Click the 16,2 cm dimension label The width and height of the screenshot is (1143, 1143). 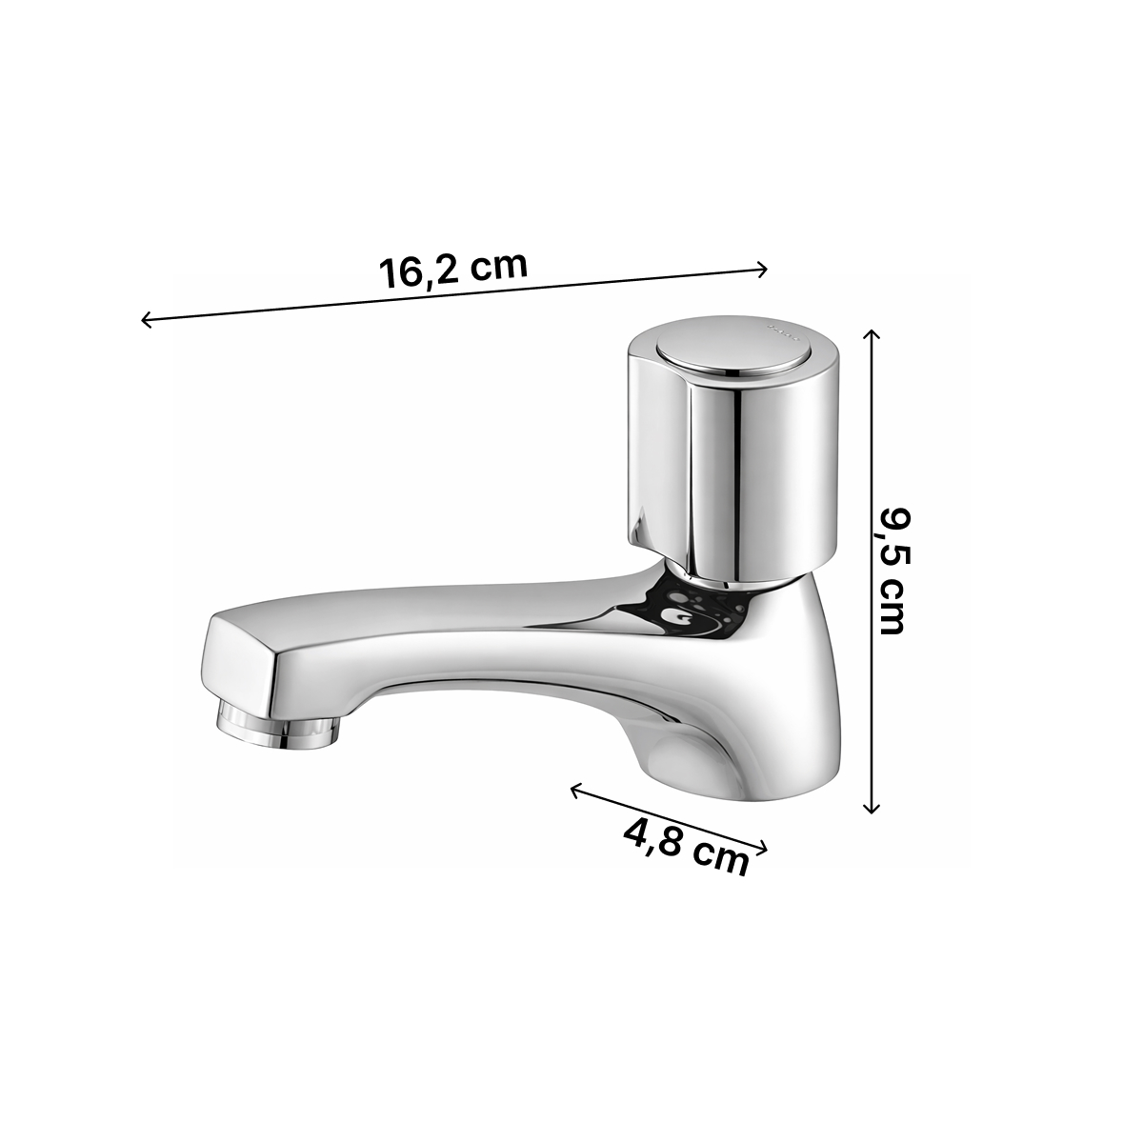tap(452, 270)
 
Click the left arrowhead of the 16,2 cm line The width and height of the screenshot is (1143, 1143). tap(147, 320)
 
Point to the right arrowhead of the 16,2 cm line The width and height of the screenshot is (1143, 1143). tap(762, 270)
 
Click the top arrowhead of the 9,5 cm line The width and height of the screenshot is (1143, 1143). tap(871, 335)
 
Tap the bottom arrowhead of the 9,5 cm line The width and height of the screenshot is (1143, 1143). tap(871, 808)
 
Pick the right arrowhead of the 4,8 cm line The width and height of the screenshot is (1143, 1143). tap(761, 849)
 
